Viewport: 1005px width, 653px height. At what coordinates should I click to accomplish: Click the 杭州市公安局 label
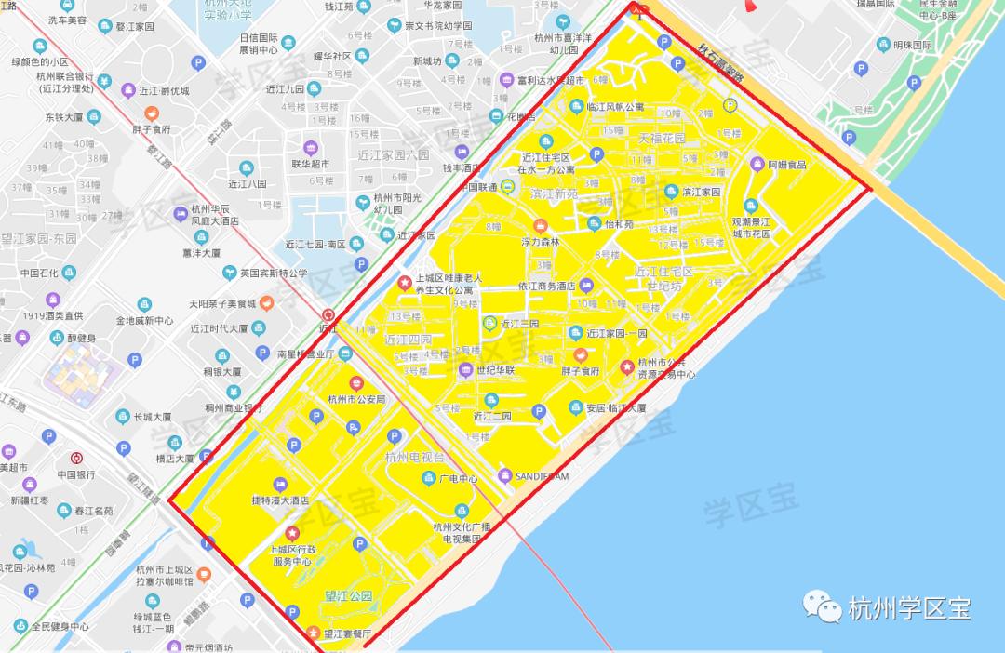click(x=356, y=400)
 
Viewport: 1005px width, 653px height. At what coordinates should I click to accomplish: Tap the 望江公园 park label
click(x=349, y=595)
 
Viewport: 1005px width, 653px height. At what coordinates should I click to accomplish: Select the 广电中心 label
click(x=458, y=480)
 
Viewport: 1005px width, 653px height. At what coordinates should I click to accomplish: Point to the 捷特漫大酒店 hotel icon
click(x=280, y=485)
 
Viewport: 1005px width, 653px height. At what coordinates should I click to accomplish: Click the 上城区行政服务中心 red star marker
click(x=292, y=533)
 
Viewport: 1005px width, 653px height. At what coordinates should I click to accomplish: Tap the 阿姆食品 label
click(x=786, y=165)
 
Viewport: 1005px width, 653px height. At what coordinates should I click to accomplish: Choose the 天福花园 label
click(x=662, y=139)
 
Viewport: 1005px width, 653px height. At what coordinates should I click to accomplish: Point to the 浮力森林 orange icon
click(x=541, y=225)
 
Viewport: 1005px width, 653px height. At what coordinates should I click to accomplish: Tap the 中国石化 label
click(x=39, y=273)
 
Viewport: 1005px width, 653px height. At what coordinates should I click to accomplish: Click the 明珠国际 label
click(x=912, y=45)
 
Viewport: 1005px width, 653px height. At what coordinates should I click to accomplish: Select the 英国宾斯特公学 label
click(x=274, y=273)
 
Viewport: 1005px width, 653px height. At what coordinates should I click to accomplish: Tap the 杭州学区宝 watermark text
click(x=910, y=609)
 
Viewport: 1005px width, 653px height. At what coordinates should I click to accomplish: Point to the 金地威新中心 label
click(x=144, y=321)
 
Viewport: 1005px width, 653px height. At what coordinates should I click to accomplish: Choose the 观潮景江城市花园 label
click(x=752, y=228)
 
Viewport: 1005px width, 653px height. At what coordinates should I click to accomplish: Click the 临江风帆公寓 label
click(x=616, y=107)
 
